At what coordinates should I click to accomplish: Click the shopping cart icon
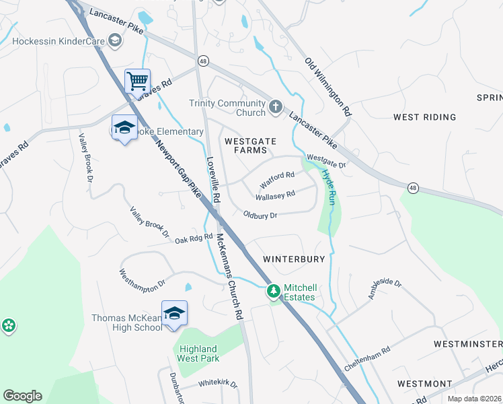pyautogui.click(x=137, y=81)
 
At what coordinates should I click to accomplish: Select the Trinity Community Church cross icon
pyautogui.click(x=275, y=106)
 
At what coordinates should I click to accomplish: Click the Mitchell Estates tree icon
pyautogui.click(x=273, y=291)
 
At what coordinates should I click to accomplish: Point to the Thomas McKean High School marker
pyautogui.click(x=174, y=313)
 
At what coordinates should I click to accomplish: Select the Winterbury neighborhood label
pyautogui.click(x=294, y=259)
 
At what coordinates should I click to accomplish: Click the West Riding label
pyautogui.click(x=425, y=117)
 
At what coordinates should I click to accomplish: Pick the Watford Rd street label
pyautogui.click(x=278, y=180)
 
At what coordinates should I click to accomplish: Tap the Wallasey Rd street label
pyautogui.click(x=275, y=196)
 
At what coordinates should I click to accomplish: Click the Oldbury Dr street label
pyautogui.click(x=260, y=215)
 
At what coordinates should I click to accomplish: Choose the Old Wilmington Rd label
pyautogui.click(x=328, y=86)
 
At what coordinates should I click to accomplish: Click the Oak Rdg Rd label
pyautogui.click(x=194, y=239)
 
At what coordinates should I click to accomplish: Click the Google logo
pyautogui.click(x=22, y=396)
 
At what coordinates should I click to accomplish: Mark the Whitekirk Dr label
pyautogui.click(x=217, y=384)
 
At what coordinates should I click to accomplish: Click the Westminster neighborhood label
pyautogui.click(x=467, y=344)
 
